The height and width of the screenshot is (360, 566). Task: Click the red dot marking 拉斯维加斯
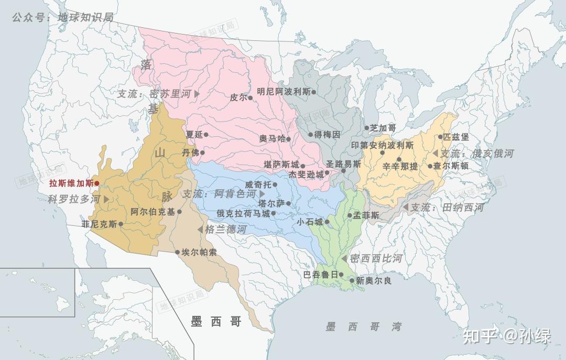(96, 183)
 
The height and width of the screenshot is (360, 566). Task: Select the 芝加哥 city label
(383, 127)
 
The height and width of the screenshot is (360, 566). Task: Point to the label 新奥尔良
(374, 280)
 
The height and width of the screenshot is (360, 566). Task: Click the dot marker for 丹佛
(202, 152)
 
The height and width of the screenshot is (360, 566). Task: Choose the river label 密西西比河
(376, 258)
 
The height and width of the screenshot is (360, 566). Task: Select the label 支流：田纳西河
(447, 208)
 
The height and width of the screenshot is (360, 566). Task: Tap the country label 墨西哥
(216, 321)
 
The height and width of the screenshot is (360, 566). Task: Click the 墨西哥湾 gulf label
(364, 326)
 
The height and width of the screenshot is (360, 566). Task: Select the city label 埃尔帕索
(199, 252)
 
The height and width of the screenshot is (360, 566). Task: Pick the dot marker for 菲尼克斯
(121, 224)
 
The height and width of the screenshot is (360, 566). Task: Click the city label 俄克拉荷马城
(243, 213)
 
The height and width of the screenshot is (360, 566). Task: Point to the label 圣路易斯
(343, 164)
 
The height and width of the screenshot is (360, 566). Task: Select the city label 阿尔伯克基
(153, 212)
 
